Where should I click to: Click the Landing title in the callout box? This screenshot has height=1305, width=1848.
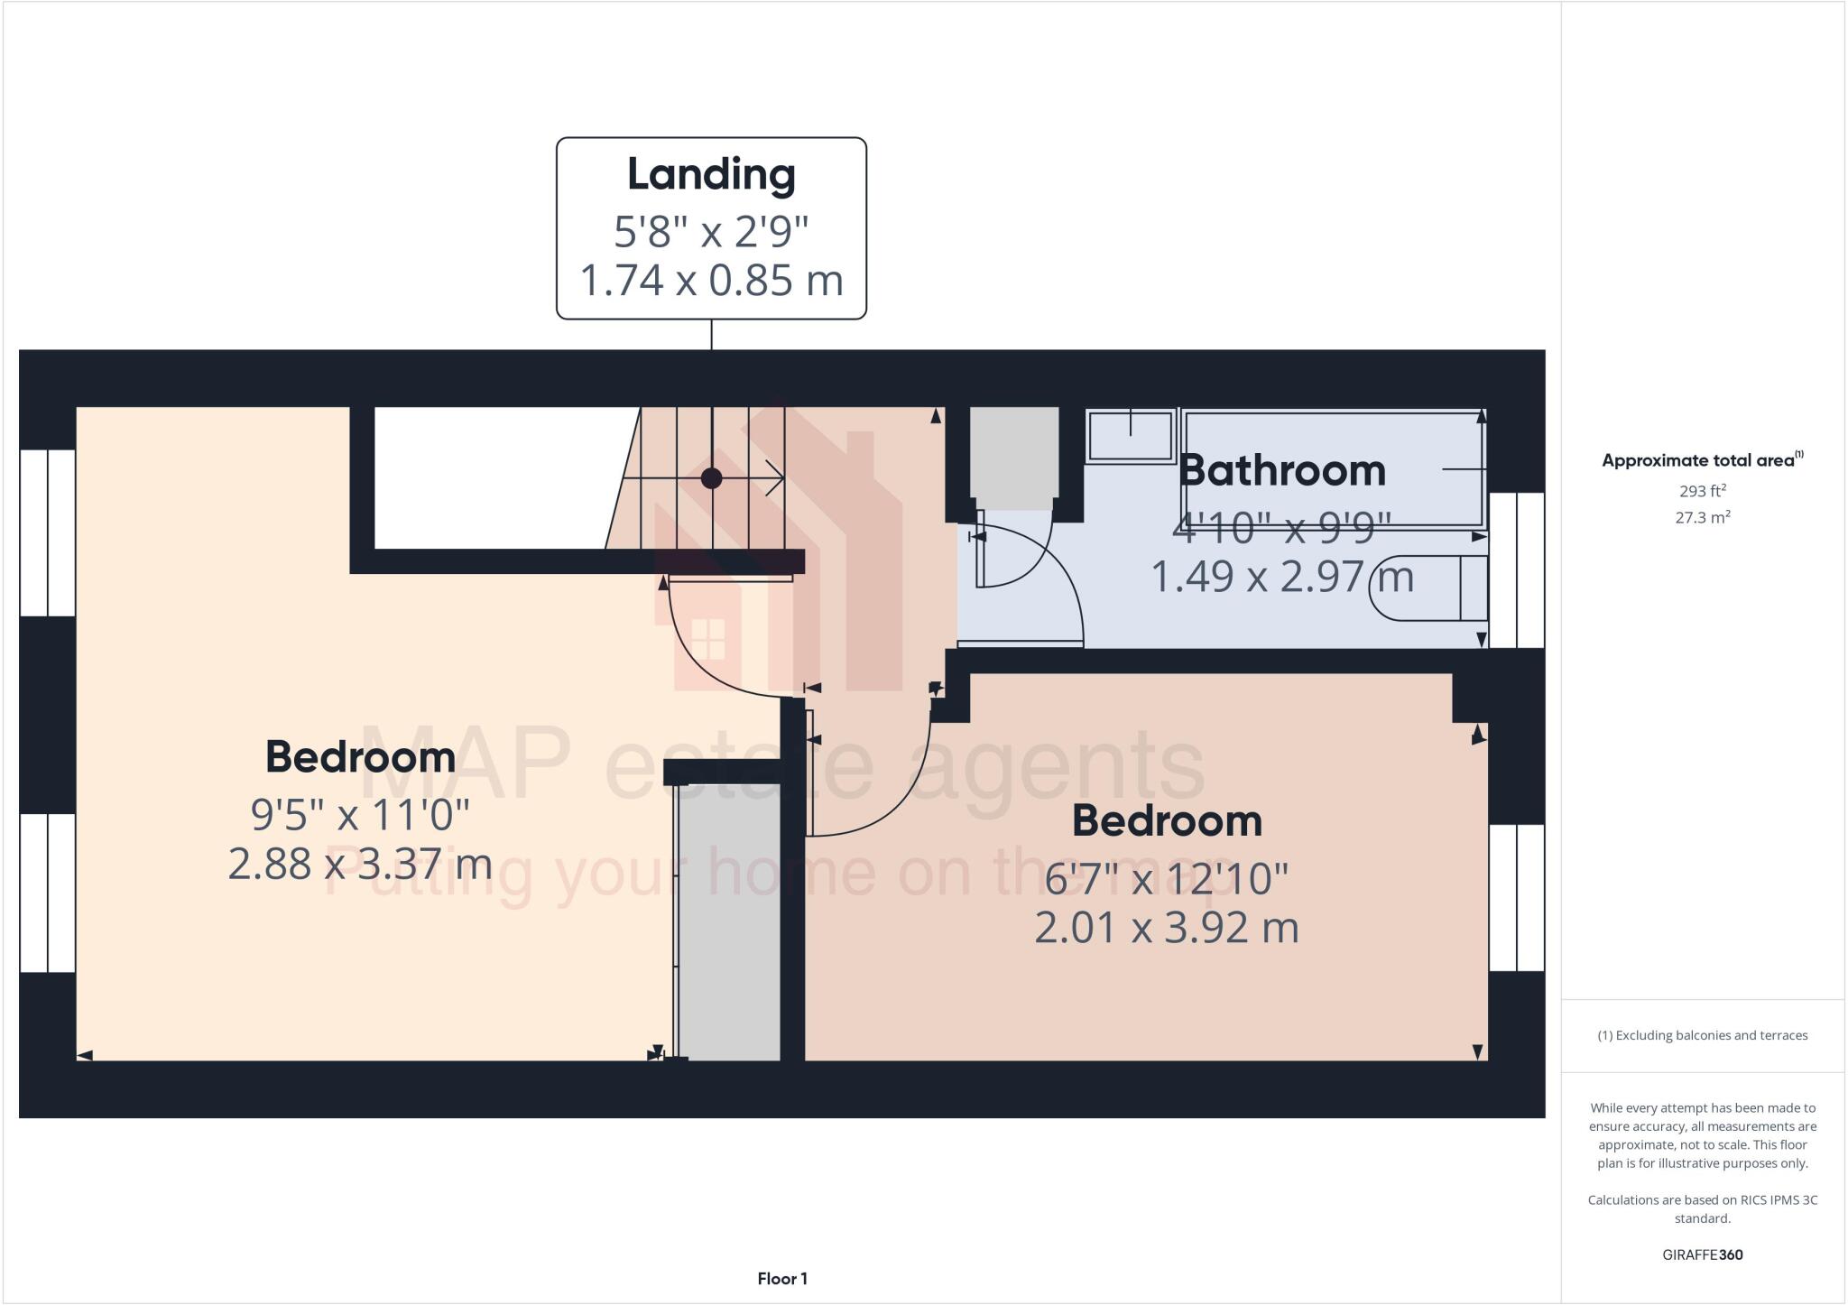[x=711, y=175]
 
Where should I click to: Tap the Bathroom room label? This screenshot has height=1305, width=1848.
[x=1281, y=471]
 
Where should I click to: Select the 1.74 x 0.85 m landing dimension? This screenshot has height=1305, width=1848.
[x=711, y=281]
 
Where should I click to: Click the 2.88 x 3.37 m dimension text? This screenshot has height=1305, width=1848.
[x=360, y=864]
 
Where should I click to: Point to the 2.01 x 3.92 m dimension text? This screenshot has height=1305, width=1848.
[x=1166, y=928]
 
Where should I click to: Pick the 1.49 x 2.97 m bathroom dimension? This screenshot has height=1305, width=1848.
[x=1281, y=577]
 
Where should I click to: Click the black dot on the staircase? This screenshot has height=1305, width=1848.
[x=711, y=478]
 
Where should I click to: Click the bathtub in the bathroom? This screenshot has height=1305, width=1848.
[x=1334, y=469]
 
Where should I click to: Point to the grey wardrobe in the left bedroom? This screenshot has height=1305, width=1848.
[x=728, y=921]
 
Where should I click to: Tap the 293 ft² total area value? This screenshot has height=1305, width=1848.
[x=1702, y=492]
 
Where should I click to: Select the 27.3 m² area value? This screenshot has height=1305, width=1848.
[x=1702, y=518]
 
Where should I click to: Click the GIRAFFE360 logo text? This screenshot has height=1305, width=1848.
[x=1702, y=1254]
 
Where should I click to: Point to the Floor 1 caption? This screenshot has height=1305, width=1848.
[x=782, y=1279]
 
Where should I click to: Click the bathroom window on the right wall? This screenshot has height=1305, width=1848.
[x=1516, y=569]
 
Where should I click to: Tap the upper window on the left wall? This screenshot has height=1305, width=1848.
[x=47, y=532]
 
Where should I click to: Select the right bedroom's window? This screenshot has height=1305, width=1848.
[x=1516, y=897]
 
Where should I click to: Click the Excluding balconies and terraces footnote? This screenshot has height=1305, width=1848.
[x=1702, y=1035]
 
